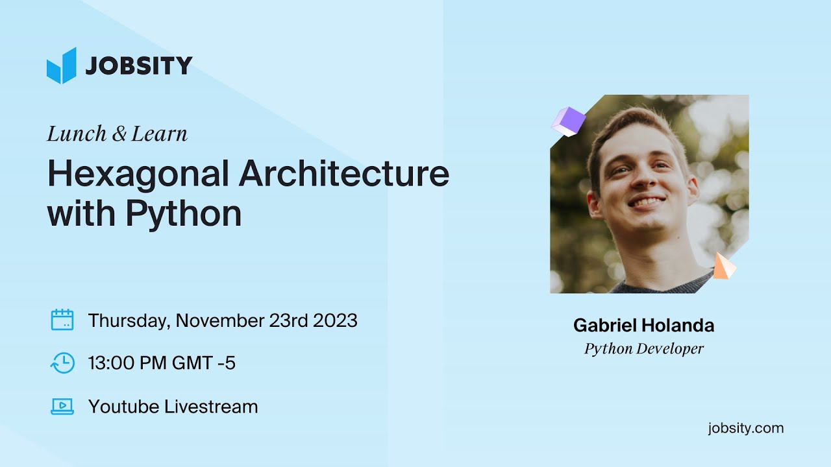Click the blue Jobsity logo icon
(62, 66)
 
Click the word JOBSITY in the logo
(139, 66)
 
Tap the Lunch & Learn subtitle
(118, 134)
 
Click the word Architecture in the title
(344, 174)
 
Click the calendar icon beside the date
(62, 320)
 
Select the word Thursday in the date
(129, 320)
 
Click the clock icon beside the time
(62, 363)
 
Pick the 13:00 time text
(114, 363)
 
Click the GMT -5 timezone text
(203, 363)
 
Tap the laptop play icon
(62, 407)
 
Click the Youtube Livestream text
(173, 407)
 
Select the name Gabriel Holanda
(643, 325)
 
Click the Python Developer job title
(643, 349)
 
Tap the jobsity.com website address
(746, 428)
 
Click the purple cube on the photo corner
(568, 121)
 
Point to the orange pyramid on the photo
(724, 267)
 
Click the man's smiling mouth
(645, 202)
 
